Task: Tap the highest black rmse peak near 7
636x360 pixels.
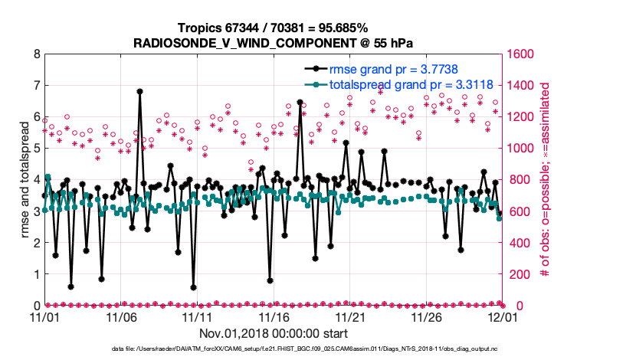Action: tap(139, 91)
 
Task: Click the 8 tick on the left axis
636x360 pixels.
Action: tap(37, 54)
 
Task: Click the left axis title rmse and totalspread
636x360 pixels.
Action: tap(25, 180)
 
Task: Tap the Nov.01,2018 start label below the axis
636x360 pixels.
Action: tap(274, 333)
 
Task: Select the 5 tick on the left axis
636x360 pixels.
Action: tap(37, 149)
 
